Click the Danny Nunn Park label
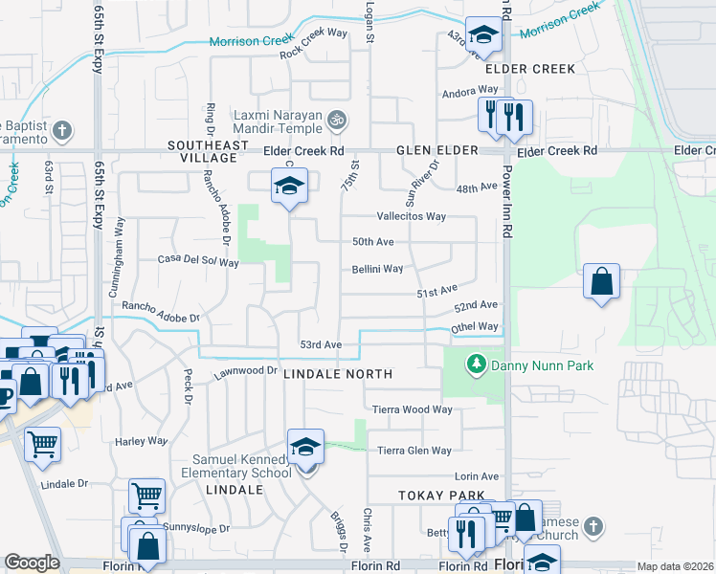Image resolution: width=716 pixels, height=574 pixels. [542, 365]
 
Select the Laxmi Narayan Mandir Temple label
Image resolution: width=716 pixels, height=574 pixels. [278, 121]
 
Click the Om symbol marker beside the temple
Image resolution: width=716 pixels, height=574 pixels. [335, 121]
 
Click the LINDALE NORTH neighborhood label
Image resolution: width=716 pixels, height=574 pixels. [338, 374]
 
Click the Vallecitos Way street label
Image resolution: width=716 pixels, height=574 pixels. [412, 216]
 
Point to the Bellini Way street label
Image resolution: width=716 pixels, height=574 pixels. [378, 269]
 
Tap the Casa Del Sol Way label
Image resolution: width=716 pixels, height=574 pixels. [198, 260]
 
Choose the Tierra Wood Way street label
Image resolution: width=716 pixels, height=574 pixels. [413, 409]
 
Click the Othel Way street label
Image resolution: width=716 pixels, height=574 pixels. [475, 327]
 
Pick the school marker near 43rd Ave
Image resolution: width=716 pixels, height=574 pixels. [483, 35]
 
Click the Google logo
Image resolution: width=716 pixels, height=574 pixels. [32, 563]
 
